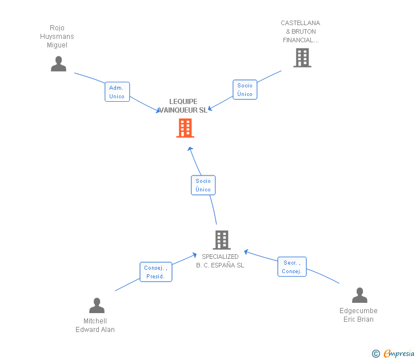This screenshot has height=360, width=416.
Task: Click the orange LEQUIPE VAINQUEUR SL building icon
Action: (x=185, y=128)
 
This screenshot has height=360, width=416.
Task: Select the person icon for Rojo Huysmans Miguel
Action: (x=58, y=64)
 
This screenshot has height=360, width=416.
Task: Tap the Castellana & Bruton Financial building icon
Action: (x=302, y=58)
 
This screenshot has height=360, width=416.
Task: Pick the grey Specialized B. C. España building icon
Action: (x=221, y=239)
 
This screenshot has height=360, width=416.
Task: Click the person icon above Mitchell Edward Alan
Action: (x=97, y=306)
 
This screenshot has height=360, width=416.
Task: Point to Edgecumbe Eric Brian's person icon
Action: (x=359, y=295)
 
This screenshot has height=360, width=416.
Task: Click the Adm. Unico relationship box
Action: (x=117, y=92)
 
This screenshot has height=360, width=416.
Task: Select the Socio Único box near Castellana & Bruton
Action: (x=245, y=90)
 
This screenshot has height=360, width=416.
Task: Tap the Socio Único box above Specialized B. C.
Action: (x=203, y=185)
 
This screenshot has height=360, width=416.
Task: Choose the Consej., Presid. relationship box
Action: (x=155, y=272)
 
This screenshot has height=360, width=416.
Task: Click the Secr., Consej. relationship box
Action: (x=291, y=267)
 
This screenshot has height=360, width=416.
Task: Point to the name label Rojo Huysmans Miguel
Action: (x=57, y=37)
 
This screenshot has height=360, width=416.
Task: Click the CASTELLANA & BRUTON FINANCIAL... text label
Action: (x=301, y=32)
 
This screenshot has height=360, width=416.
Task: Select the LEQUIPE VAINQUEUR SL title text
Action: (x=183, y=106)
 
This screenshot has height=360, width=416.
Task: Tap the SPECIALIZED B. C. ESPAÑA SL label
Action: (x=220, y=261)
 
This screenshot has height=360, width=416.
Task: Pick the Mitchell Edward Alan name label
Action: (x=95, y=325)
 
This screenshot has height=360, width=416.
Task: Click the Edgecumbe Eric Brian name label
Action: (x=358, y=315)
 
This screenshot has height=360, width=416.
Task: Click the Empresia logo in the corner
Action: (x=399, y=354)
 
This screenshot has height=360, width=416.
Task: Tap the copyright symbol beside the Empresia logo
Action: (x=376, y=354)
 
